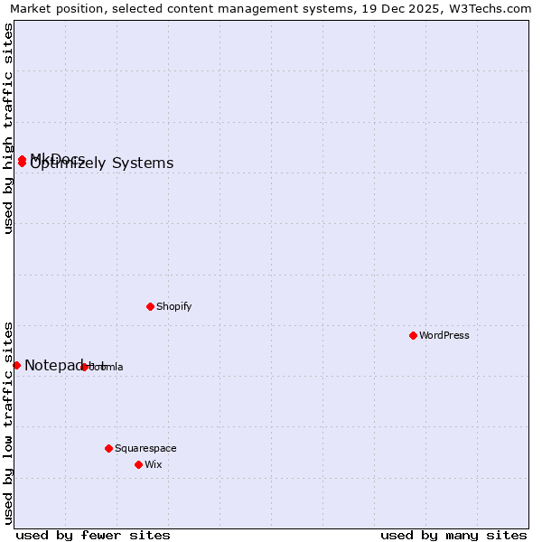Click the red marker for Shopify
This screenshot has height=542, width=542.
tap(150, 306)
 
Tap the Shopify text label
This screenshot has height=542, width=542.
tap(174, 306)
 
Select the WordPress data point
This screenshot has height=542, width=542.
tap(413, 335)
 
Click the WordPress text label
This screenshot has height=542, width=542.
tap(444, 335)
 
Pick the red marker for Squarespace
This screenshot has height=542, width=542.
tap(108, 448)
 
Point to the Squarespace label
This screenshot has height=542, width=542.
tap(145, 448)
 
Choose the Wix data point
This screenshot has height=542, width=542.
tap(138, 464)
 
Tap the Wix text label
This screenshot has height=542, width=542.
tap(154, 464)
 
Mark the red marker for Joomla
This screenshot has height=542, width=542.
tap(84, 367)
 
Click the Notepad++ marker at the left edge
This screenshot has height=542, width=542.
tap(16, 365)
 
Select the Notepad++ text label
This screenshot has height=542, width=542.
tap(63, 365)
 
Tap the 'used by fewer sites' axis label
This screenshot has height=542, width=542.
tap(93, 535)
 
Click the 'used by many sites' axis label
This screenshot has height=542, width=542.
tap(453, 535)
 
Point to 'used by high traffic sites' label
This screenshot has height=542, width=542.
tap(9, 128)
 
